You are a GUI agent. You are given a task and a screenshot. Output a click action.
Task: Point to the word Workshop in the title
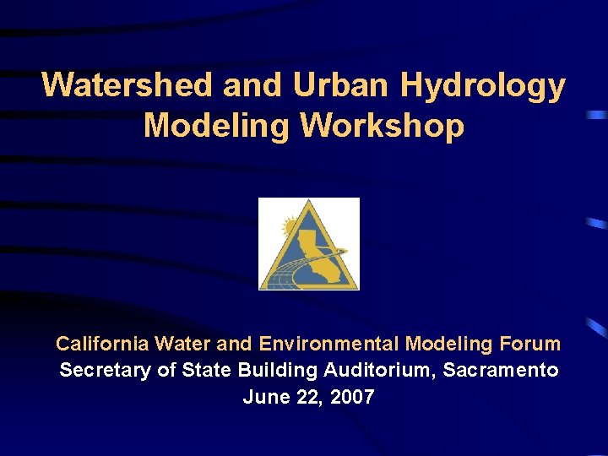(x=382, y=126)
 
